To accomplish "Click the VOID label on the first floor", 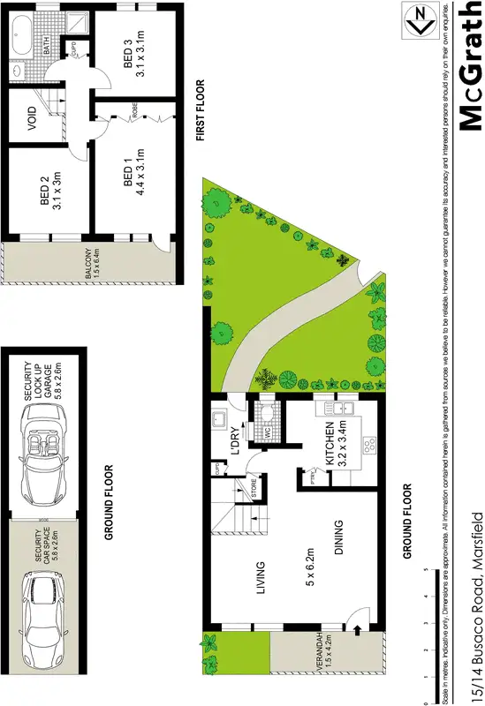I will pyautogui.click(x=33, y=118).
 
